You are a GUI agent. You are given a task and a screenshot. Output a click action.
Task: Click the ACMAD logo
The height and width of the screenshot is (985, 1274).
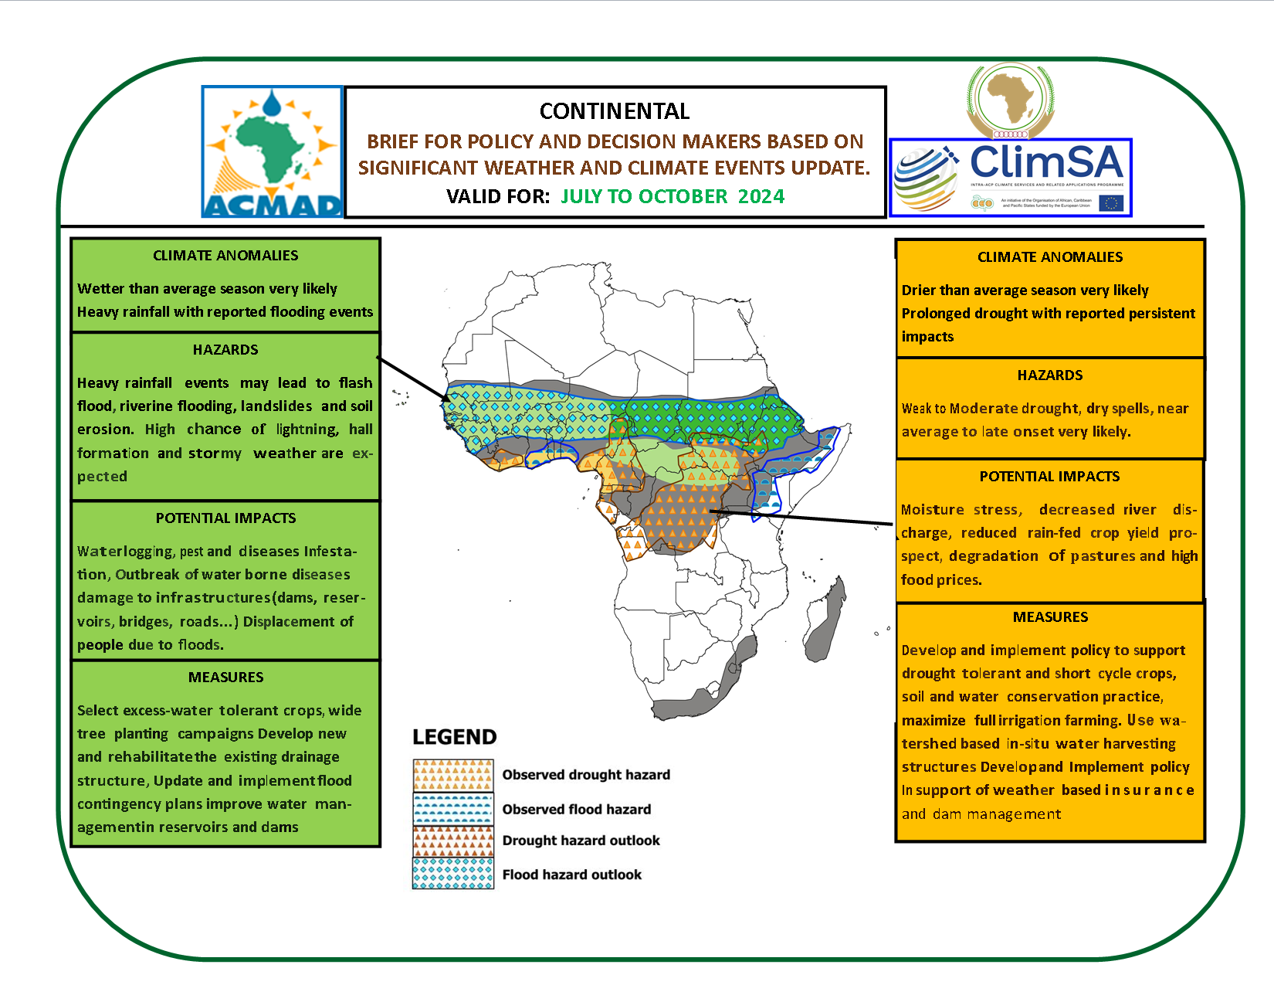point(272,151)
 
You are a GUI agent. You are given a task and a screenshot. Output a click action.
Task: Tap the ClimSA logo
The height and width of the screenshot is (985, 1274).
point(1010,177)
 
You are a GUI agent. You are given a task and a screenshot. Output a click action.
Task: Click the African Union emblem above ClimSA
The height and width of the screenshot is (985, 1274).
point(1010,100)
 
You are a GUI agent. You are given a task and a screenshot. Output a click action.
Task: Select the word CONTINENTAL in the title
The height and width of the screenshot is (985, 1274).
point(614,111)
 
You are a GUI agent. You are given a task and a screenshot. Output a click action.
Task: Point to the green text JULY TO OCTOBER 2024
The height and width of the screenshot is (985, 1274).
point(672,196)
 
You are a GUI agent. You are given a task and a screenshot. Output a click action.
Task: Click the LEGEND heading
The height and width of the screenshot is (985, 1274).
point(454,737)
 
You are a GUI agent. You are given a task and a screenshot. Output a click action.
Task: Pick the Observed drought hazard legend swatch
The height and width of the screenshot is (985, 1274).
point(453,776)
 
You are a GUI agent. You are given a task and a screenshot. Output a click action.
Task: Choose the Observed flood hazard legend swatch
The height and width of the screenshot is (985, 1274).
point(453,809)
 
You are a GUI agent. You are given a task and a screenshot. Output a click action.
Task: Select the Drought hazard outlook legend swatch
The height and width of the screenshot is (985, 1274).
point(453,841)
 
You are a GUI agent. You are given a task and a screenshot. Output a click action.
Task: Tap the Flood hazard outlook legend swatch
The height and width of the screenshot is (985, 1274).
point(453,874)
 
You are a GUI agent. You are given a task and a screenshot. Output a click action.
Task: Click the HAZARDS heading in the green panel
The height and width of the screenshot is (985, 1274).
point(225,350)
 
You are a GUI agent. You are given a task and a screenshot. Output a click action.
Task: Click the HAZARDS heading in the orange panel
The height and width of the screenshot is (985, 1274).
point(1049,375)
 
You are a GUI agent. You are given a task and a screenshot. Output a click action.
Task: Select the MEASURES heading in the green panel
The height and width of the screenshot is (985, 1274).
point(225,678)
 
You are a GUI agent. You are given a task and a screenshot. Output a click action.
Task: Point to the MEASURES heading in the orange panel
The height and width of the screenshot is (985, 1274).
point(1050,617)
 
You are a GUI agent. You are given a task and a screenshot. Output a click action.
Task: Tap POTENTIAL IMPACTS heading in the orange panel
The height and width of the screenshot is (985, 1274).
point(1049,477)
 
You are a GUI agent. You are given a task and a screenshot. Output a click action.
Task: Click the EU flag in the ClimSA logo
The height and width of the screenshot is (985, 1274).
point(1111,203)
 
